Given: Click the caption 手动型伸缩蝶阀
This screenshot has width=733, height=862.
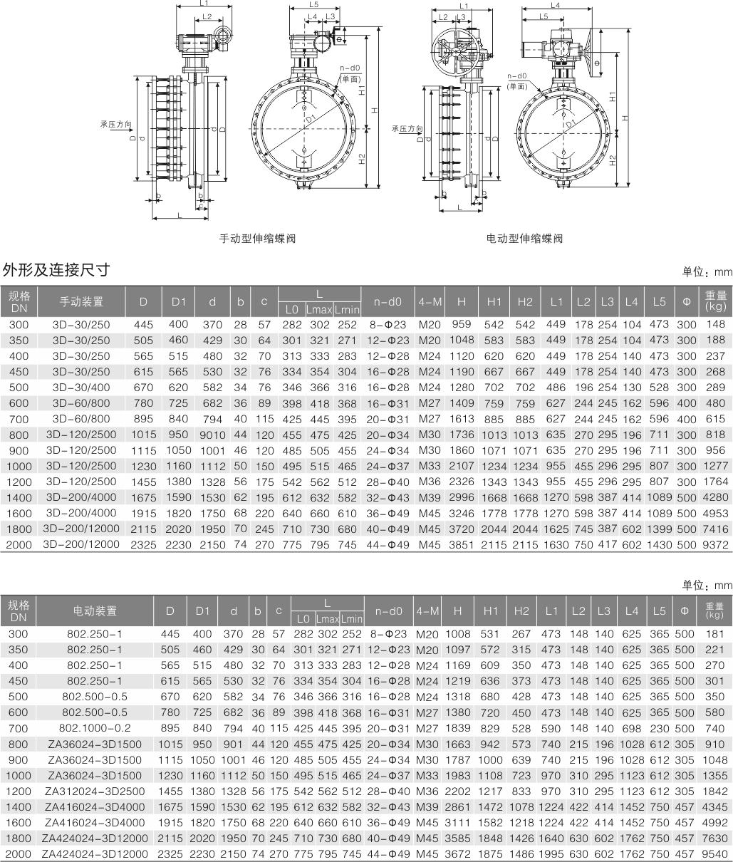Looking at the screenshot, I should pyautogui.click(x=256, y=239).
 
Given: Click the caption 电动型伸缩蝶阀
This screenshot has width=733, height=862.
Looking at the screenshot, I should pyautogui.click(x=524, y=239).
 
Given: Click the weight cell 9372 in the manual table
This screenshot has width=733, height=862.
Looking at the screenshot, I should pyautogui.click(x=715, y=545).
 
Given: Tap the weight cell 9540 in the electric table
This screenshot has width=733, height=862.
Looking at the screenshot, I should pyautogui.click(x=715, y=853).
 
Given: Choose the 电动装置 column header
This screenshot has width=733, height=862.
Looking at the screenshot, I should pyautogui.click(x=95, y=611).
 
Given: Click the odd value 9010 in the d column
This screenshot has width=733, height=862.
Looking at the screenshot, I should pyautogui.click(x=212, y=435).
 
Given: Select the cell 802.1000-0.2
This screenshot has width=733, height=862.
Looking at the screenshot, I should pyautogui.click(x=95, y=728).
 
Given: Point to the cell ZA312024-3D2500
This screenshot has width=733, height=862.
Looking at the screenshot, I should pyautogui.click(x=95, y=791).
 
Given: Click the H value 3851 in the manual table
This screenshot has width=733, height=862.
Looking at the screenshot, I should pyautogui.click(x=462, y=545).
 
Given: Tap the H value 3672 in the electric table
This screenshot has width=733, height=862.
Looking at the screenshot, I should pyautogui.click(x=459, y=853).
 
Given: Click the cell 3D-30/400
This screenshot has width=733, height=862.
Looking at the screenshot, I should pyautogui.click(x=81, y=388).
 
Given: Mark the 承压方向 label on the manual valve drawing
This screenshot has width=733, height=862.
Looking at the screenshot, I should pyautogui.click(x=115, y=124).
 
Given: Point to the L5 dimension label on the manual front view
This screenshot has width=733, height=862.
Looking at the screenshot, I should pyautogui.click(x=313, y=4).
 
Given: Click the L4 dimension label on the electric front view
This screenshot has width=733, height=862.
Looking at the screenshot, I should pyautogui.click(x=556, y=5).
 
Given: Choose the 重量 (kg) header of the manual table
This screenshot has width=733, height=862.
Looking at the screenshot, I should pyautogui.click(x=715, y=302).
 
